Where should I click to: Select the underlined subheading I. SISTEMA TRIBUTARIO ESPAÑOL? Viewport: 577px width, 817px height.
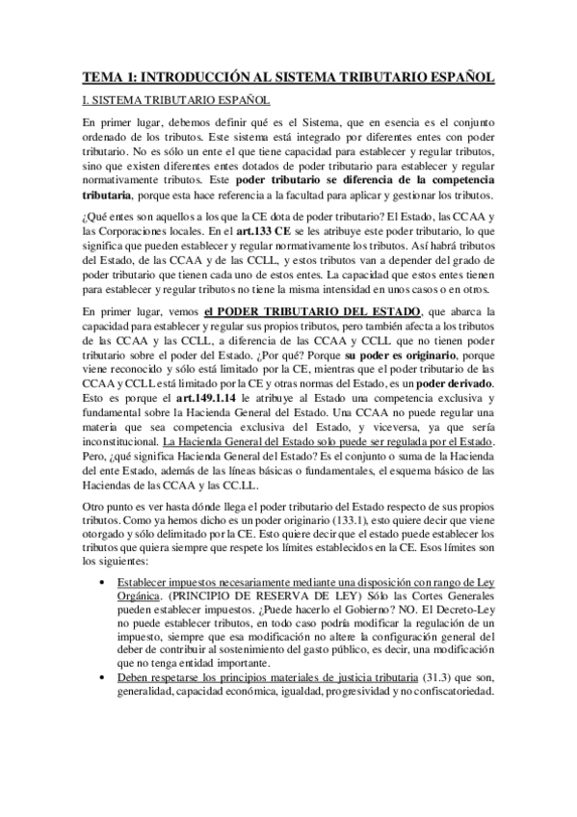click(176, 100)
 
